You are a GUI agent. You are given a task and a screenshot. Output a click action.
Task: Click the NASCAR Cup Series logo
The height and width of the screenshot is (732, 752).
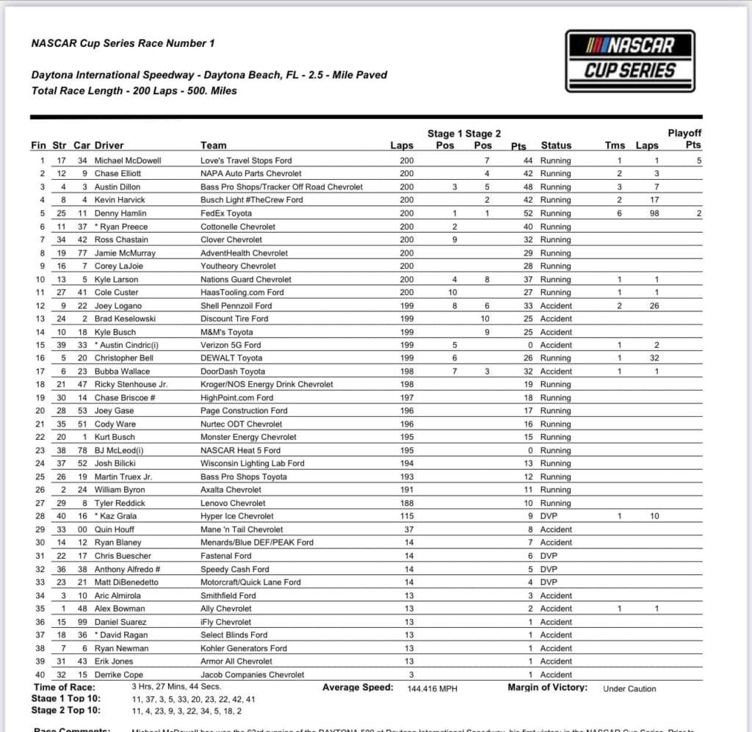(x=630, y=60)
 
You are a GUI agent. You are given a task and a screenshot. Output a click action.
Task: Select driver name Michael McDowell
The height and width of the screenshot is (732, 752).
(x=128, y=160)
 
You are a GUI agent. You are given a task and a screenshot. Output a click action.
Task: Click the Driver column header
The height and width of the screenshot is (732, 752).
(x=109, y=145)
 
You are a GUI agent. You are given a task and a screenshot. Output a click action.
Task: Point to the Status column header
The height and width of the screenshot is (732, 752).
(x=556, y=145)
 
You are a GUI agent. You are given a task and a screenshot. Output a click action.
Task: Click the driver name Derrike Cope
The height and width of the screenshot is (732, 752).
(x=119, y=675)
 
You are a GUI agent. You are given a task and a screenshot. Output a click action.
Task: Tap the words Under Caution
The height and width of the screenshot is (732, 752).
(x=629, y=689)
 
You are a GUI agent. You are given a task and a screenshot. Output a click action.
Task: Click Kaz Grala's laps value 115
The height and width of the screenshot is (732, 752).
(x=406, y=516)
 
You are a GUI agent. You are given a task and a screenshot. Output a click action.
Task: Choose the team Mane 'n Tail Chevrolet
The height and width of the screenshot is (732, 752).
(x=242, y=529)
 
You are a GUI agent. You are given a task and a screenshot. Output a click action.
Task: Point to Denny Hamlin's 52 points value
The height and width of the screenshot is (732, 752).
(x=527, y=213)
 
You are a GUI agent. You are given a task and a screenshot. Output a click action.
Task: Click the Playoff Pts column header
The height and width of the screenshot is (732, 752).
(x=684, y=139)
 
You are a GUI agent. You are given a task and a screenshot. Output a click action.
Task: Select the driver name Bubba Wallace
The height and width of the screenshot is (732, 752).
(x=122, y=372)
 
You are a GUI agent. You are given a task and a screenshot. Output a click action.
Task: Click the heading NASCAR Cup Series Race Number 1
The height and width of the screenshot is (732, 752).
(x=123, y=43)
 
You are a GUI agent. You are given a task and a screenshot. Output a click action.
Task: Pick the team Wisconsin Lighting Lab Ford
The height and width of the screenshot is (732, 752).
(x=252, y=463)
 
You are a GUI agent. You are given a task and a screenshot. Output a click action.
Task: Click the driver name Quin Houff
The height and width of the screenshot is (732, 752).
(x=114, y=529)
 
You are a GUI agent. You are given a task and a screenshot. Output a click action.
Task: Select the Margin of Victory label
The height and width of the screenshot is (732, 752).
(x=547, y=687)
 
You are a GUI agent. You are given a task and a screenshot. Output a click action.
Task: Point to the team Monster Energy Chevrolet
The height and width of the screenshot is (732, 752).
(x=248, y=437)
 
